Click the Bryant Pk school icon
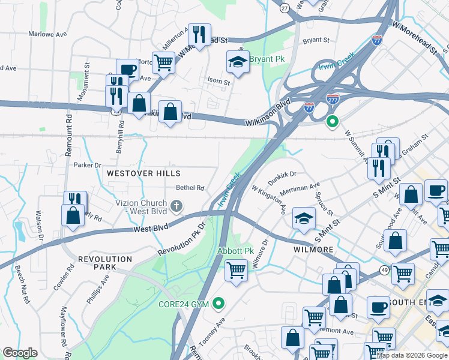[238, 62]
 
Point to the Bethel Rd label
[190, 188]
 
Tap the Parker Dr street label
[87, 164]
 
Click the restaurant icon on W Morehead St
[199, 34]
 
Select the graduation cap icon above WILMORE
[304, 218]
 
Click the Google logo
[20, 353]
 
